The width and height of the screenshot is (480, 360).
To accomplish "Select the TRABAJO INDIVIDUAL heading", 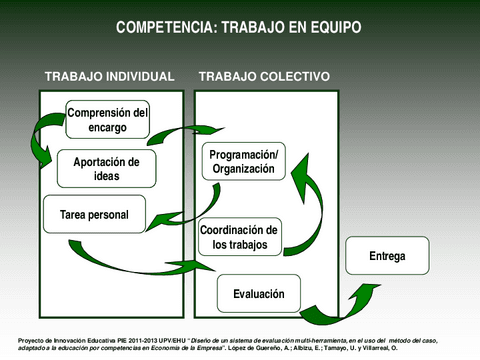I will (109, 77).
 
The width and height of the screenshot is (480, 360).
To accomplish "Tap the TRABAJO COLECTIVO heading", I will (264, 77).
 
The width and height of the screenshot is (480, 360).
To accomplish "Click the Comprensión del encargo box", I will (107, 120).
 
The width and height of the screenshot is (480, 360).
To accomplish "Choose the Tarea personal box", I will (95, 214).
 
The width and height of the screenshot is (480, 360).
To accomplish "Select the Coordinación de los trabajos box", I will (240, 238).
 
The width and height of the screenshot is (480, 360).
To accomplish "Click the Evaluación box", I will (259, 294).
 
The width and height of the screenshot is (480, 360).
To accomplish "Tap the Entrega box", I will (387, 257).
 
